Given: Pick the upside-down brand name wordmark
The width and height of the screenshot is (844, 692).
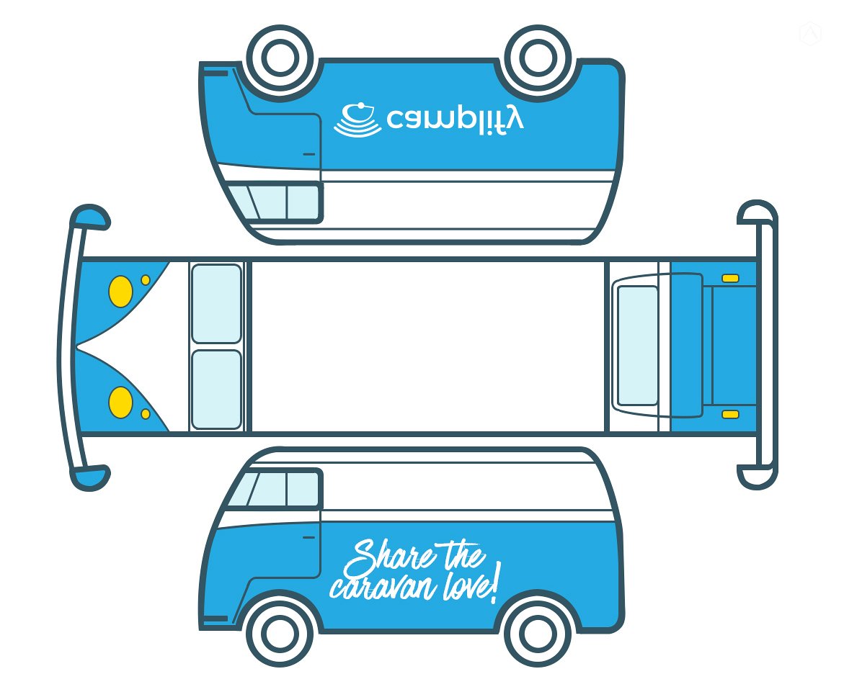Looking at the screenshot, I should (x=455, y=119).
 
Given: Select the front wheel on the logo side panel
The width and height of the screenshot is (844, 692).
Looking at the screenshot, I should (x=278, y=59).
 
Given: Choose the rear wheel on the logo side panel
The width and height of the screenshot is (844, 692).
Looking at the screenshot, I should (x=538, y=59).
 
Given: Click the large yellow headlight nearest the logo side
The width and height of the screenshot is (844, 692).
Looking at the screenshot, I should (x=120, y=291).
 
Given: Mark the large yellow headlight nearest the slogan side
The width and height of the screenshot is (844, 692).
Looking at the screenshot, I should (x=120, y=402).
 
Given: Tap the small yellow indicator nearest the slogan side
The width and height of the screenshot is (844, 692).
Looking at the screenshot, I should (x=146, y=414).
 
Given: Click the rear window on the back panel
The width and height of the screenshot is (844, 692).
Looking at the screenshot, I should (x=638, y=346).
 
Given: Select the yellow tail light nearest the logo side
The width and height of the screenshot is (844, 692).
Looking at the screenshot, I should (x=730, y=278).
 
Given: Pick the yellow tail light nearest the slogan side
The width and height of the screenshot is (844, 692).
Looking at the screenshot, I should (x=730, y=414).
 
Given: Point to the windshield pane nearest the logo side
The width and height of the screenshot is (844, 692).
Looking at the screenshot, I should (x=216, y=304).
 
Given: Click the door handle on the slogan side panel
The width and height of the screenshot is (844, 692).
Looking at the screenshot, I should (x=309, y=537).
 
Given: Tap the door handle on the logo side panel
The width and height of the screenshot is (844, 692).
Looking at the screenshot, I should (x=309, y=154).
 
